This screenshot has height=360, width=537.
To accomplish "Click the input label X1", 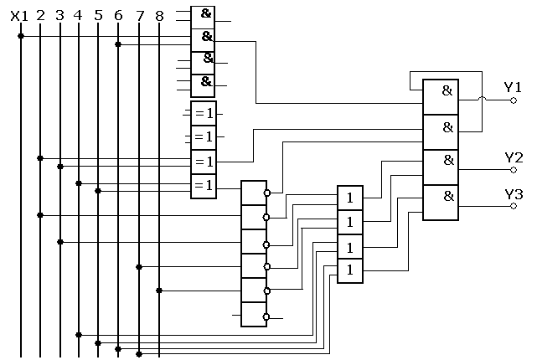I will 19,15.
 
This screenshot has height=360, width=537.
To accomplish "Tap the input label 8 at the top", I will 159,15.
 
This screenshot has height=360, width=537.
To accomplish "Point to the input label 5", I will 98,15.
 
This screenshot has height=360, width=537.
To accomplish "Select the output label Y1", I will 513,86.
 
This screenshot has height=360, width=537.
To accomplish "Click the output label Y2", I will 513,157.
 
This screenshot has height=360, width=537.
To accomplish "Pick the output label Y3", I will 513,194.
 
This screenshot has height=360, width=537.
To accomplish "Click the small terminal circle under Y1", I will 514,100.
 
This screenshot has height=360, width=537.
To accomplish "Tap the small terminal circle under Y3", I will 514,205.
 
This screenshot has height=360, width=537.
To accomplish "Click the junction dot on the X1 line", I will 21,36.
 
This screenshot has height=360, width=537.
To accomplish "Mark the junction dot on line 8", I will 158,291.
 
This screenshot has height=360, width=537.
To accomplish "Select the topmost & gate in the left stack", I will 203,16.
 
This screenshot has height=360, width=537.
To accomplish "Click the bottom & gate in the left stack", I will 203,85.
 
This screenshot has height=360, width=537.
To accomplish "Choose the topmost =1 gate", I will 203,113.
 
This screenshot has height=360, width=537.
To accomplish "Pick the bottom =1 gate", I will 203,185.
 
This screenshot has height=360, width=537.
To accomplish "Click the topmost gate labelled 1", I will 350,198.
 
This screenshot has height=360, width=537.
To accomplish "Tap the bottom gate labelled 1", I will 350,270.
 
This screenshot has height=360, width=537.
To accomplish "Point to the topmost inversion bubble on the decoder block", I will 267,193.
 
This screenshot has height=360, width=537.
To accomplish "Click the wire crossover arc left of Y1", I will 481,100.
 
